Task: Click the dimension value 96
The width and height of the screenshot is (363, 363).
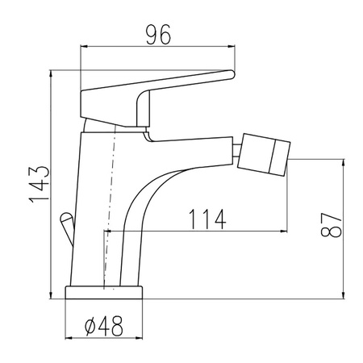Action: click(x=158, y=35)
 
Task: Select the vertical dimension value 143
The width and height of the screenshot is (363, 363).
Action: click(x=40, y=185)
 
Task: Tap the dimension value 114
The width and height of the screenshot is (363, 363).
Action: click(x=207, y=219)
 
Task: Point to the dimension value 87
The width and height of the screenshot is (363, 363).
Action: click(x=331, y=224)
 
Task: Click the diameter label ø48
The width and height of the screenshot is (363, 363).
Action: click(x=104, y=326)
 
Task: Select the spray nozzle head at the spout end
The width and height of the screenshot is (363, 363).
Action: click(x=264, y=154)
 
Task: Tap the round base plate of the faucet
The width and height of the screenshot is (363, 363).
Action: click(x=104, y=292)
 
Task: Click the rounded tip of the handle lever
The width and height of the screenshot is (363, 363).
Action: click(x=232, y=74)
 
